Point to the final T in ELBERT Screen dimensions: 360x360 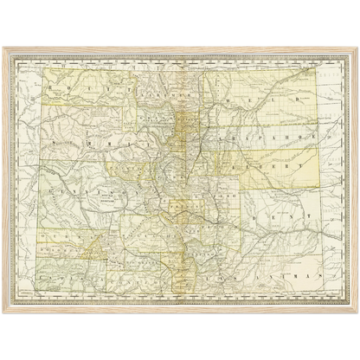coord(301,162)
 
